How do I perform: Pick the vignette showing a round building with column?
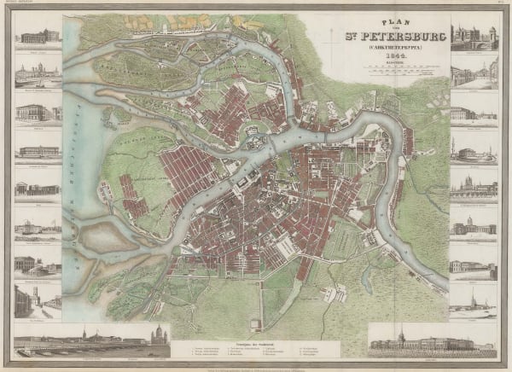473,152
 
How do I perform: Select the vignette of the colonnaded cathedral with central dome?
473,224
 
